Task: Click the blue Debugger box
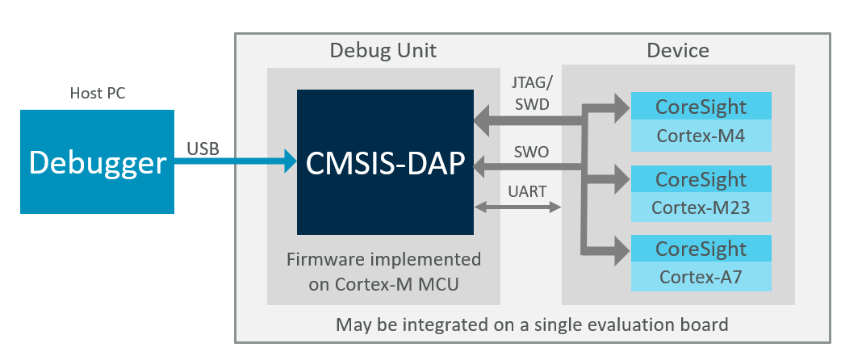pos(97,162)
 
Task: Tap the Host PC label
pos(97,94)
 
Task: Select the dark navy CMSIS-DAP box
pos(385,162)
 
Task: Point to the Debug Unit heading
pos(383,51)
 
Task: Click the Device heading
pos(677,51)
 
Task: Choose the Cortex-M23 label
pos(701,207)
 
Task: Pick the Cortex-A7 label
pos(701,277)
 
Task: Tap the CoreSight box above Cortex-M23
pos(701,178)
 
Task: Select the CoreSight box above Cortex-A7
pos(701,248)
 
